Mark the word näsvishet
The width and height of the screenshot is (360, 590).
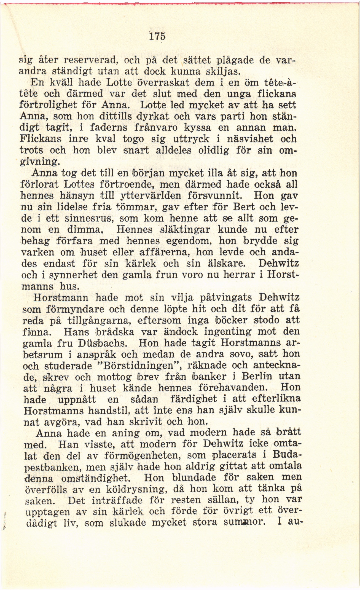click(x=250, y=139)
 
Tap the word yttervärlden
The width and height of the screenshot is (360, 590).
click(x=151, y=196)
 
